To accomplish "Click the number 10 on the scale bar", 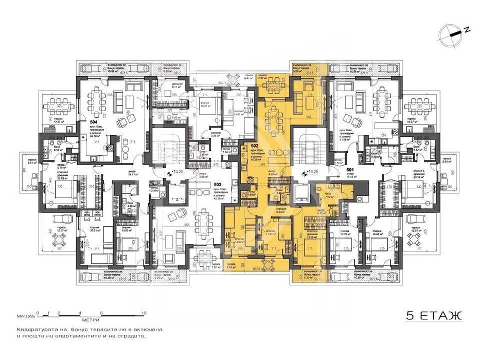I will (144, 313).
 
